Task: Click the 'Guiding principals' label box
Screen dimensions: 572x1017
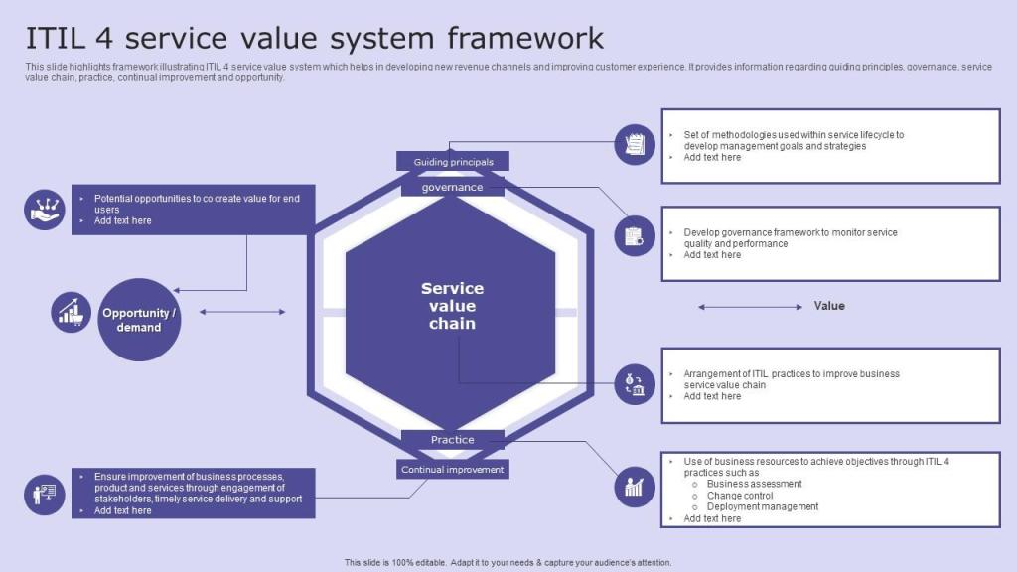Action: click(x=452, y=162)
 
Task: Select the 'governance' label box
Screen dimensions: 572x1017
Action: click(x=452, y=187)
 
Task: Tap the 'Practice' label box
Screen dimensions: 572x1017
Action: click(x=452, y=440)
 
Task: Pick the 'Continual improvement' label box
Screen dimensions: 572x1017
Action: click(x=452, y=469)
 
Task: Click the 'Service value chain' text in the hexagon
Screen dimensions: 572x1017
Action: click(x=452, y=306)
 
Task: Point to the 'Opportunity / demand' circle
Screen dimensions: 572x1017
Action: click(x=139, y=320)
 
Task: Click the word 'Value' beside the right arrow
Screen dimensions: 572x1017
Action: click(x=829, y=306)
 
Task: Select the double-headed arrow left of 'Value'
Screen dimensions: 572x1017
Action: click(x=750, y=307)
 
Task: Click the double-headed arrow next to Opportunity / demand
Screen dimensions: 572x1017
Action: click(x=242, y=312)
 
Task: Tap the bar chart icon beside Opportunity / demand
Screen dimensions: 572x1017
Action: click(x=71, y=313)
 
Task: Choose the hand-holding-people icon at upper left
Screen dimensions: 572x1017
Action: click(x=44, y=210)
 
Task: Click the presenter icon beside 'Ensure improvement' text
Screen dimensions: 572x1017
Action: click(x=44, y=493)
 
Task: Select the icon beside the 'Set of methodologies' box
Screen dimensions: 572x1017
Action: click(x=635, y=145)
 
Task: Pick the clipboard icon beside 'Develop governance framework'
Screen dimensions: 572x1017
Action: click(x=635, y=236)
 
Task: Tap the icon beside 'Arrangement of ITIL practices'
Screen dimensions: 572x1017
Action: click(x=635, y=384)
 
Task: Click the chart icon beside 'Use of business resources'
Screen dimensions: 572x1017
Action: click(x=635, y=486)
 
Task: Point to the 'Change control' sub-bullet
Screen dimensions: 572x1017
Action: click(x=739, y=496)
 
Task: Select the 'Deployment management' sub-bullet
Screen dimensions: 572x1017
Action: click(x=762, y=506)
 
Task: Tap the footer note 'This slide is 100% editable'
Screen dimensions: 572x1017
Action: click(x=508, y=562)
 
